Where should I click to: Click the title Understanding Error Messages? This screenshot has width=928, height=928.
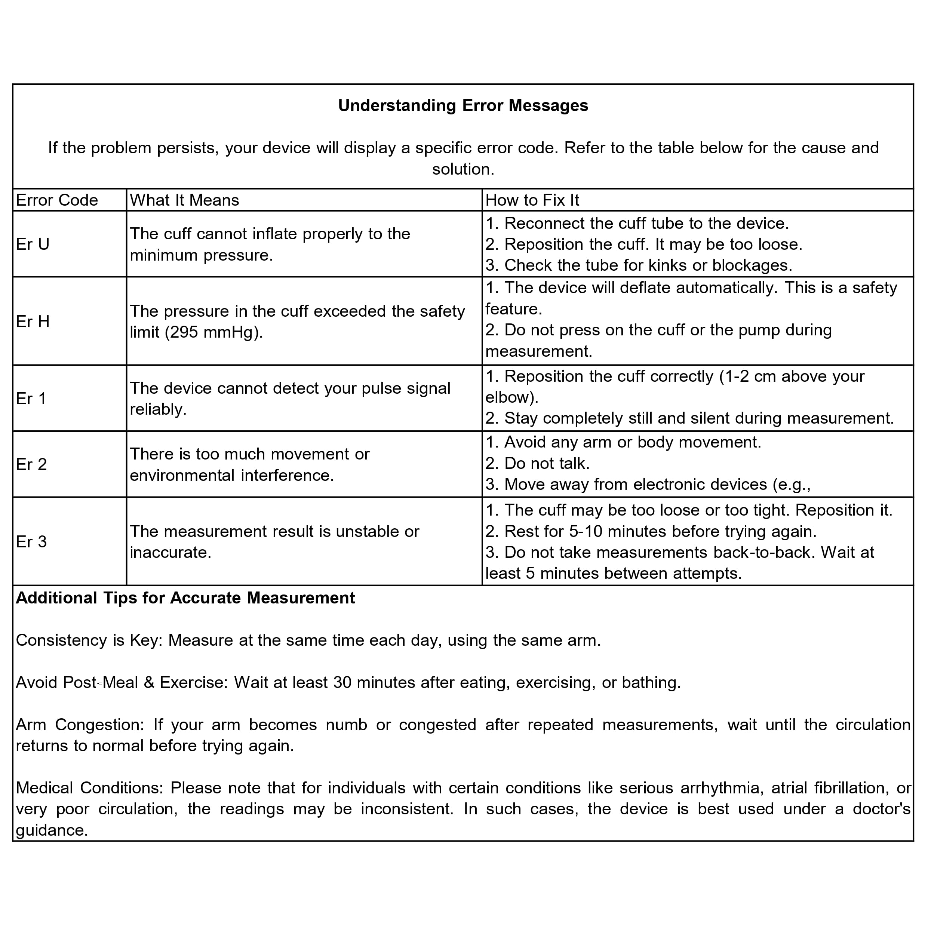click(x=463, y=106)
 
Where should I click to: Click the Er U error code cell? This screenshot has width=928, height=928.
click(x=33, y=245)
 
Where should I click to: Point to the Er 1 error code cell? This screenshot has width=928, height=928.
click(x=31, y=399)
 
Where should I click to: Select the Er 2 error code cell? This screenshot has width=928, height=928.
click(x=31, y=464)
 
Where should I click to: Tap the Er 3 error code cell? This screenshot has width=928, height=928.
click(x=31, y=542)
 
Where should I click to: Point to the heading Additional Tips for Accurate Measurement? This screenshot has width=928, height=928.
click(x=185, y=598)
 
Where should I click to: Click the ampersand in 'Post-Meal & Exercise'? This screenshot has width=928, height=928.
click(x=149, y=683)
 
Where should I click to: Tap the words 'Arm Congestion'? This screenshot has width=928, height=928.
click(x=79, y=725)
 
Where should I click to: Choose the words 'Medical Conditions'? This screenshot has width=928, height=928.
click(x=89, y=788)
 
